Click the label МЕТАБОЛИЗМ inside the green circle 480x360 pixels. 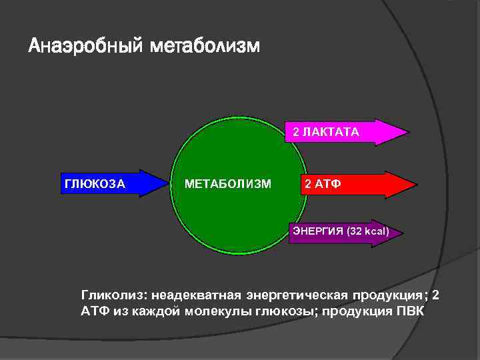click(x=228, y=183)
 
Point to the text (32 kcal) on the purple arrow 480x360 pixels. click(x=366, y=231)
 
